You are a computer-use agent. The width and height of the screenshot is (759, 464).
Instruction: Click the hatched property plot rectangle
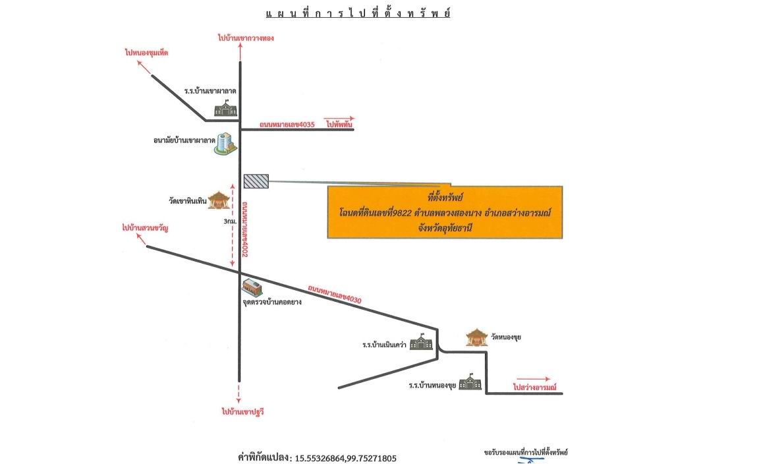tap(256, 181)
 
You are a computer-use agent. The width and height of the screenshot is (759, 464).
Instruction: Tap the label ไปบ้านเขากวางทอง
tap(246, 38)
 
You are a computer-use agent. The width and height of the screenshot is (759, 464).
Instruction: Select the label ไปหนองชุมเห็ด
tap(147, 52)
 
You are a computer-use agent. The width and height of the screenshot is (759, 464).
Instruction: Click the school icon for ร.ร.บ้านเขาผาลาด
tap(225, 109)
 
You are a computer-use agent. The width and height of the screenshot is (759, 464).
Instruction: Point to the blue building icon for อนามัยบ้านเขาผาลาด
tap(225, 144)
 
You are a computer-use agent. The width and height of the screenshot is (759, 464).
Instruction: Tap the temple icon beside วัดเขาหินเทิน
tap(219, 200)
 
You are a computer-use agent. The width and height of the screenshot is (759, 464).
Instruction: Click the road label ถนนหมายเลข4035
tap(287, 125)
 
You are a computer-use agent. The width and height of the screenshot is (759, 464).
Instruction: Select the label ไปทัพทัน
tap(339, 124)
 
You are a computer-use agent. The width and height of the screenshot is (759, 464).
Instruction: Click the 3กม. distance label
tap(230, 221)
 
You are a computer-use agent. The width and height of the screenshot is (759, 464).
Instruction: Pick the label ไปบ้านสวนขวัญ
tap(145, 227)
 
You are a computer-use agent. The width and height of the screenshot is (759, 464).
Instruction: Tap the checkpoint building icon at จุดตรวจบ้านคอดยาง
tap(252, 287)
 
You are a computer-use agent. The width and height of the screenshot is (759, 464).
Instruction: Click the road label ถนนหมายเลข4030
tap(335, 294)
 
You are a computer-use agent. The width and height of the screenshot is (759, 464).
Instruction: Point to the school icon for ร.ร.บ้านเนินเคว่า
tap(421, 342)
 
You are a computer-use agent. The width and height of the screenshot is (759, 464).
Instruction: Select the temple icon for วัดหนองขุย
tap(477, 337)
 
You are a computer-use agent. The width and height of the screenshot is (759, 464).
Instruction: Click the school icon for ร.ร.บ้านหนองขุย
tap(470, 382)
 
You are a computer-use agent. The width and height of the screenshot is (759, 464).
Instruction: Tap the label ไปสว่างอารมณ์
tap(535, 387)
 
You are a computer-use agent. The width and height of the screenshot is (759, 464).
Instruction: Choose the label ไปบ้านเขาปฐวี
tap(243, 412)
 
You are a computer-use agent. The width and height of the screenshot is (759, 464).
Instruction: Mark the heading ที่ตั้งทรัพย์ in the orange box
tap(445, 197)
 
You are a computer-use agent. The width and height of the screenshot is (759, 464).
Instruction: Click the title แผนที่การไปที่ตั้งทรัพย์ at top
tap(358, 13)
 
